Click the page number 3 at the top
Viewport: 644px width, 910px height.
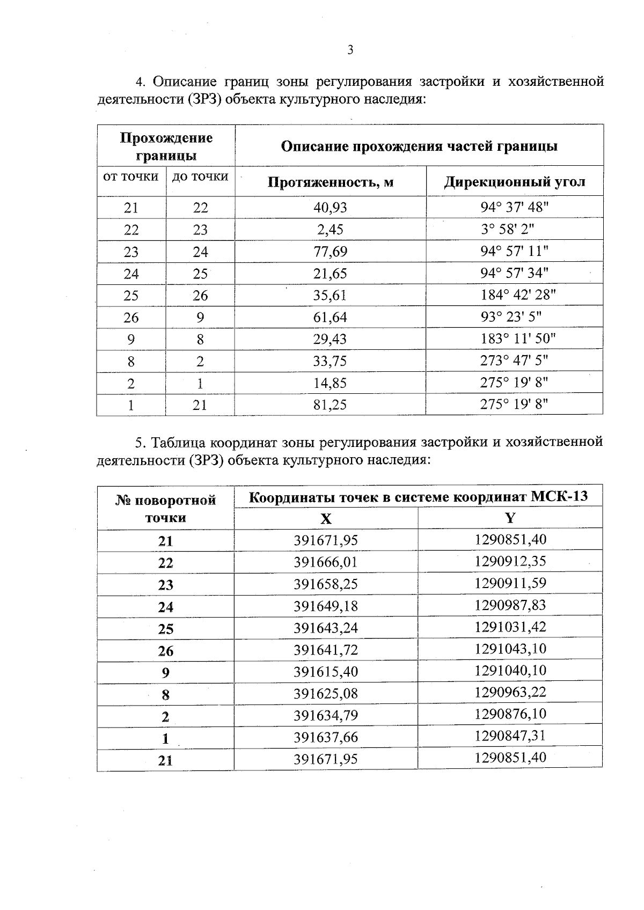(x=350, y=50)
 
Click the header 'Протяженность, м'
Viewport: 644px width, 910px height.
(x=331, y=182)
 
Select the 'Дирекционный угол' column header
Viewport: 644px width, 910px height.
(x=515, y=182)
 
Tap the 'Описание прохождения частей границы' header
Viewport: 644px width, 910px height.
(x=419, y=146)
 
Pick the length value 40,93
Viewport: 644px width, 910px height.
(x=331, y=208)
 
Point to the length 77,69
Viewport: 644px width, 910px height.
(x=331, y=252)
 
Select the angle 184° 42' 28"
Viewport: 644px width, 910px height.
(x=518, y=295)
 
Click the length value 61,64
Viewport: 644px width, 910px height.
(x=331, y=317)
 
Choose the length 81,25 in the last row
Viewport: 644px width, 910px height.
(x=331, y=405)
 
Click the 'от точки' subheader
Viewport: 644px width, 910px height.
(x=131, y=177)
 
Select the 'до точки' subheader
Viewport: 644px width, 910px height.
(x=200, y=177)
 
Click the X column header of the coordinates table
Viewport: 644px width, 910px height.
(x=326, y=519)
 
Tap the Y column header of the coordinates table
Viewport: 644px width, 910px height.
(x=510, y=518)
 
